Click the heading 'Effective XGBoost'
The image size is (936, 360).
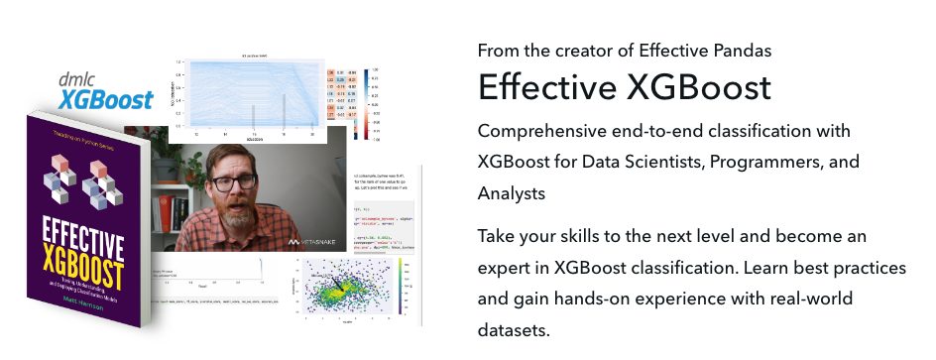click(624, 87)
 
